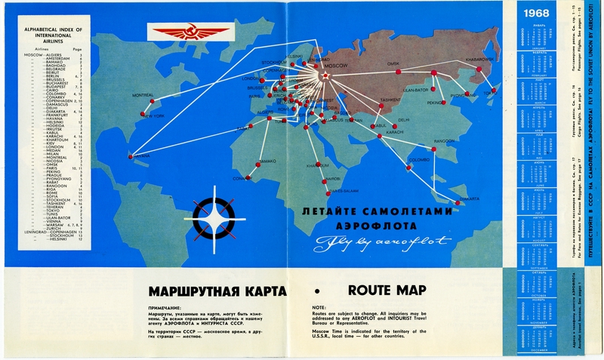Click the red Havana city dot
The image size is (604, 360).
coord(131,157)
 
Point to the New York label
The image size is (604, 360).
coord(153,117)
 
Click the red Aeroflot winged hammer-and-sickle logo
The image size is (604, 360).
coord(181,32)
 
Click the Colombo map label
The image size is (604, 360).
coord(419,160)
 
